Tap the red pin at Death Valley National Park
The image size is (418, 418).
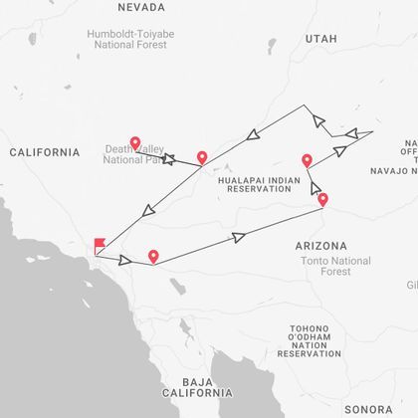(135, 143)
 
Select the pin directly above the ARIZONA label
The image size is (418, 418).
(322, 200)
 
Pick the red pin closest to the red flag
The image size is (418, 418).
(153, 257)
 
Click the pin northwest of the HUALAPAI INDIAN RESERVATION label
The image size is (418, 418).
(202, 157)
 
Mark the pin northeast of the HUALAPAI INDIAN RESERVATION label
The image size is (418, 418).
(307, 160)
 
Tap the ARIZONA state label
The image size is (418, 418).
(320, 245)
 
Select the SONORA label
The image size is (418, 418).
(368, 409)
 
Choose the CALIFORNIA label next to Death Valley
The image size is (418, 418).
(44, 152)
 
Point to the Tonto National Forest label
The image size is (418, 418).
(334, 266)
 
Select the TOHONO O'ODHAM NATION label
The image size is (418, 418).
(315, 342)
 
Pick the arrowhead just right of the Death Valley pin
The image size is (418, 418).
(168, 157)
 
